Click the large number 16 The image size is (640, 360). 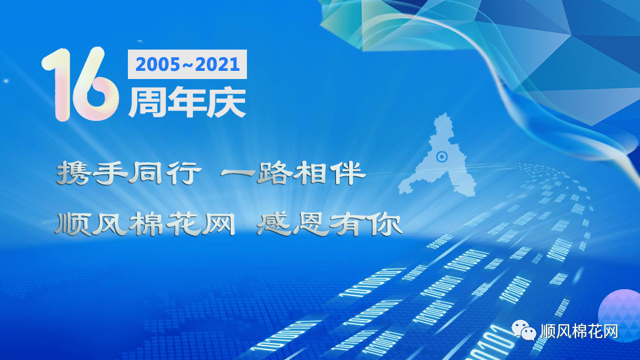[80, 84]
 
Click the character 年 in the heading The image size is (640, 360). [186, 102]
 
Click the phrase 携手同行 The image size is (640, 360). [129, 172]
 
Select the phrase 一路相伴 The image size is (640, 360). [293, 172]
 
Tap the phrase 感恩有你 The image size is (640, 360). [329, 225]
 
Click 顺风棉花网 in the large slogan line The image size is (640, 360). [145, 225]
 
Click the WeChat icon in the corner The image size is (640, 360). [523, 329]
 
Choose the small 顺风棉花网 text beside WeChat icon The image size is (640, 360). [579, 331]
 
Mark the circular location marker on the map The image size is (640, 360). [442, 156]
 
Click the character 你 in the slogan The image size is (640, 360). [384, 225]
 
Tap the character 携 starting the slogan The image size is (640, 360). [73, 172]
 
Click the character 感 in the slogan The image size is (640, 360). [274, 225]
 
